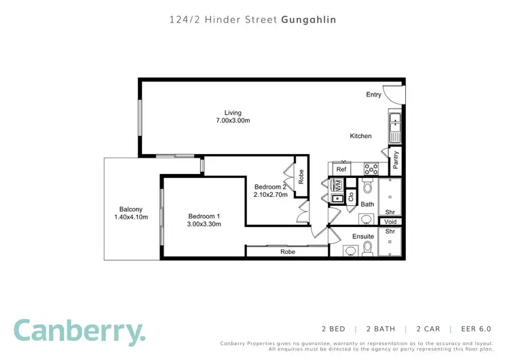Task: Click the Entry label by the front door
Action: point(374,94)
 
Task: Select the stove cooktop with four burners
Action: point(371,168)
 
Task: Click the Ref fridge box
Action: point(341,169)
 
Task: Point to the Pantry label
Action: point(396,160)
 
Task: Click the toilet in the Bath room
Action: point(367,186)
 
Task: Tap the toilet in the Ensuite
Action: point(368,250)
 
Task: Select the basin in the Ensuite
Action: point(350,251)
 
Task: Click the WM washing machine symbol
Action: point(337,184)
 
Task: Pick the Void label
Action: point(390,222)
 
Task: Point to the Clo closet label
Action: point(351,196)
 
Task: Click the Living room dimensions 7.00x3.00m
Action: point(233,121)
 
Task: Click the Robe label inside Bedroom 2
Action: point(301,176)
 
